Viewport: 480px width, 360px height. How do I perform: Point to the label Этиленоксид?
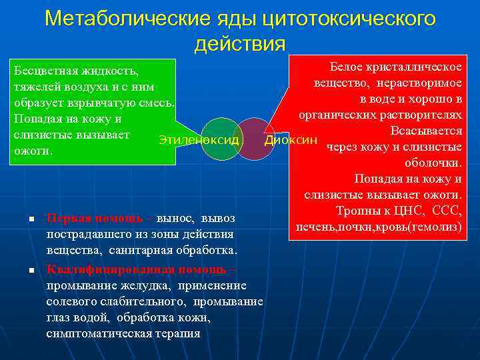199,140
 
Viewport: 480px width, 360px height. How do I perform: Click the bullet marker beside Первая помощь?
22,219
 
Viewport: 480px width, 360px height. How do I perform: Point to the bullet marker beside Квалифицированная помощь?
22,270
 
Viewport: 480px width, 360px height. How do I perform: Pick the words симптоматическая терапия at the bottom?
123,333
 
